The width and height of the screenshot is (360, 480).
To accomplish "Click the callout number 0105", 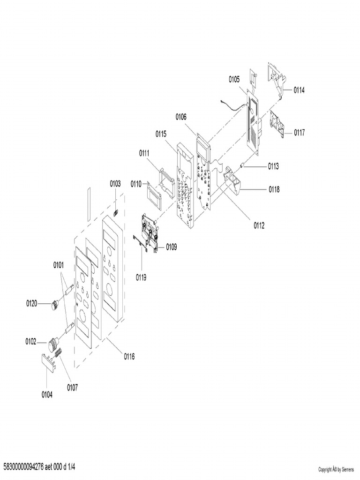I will [234, 80].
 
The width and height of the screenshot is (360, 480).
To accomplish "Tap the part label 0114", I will [299, 90].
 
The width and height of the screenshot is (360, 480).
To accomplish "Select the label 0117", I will [299, 133].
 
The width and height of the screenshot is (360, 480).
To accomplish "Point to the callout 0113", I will [273, 166].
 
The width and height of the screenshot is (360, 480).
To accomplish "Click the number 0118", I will [274, 189].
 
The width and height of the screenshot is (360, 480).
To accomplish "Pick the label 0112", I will [259, 225].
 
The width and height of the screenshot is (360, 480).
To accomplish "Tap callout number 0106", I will [181, 117].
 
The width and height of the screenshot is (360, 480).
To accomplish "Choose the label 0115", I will [161, 134].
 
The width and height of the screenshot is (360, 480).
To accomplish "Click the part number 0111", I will [144, 153].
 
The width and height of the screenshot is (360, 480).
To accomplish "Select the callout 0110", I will [135, 183].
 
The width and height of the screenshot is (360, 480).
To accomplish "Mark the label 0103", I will [115, 183].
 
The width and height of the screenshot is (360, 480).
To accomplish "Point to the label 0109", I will [171, 247].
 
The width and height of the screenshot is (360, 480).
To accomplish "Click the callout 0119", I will [142, 277].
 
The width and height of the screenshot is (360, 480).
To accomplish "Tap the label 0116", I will [129, 356].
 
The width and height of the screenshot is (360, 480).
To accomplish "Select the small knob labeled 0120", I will [55, 306].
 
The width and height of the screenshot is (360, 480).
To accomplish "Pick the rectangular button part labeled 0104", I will [47, 364].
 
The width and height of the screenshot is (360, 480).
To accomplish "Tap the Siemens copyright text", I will [336, 469].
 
